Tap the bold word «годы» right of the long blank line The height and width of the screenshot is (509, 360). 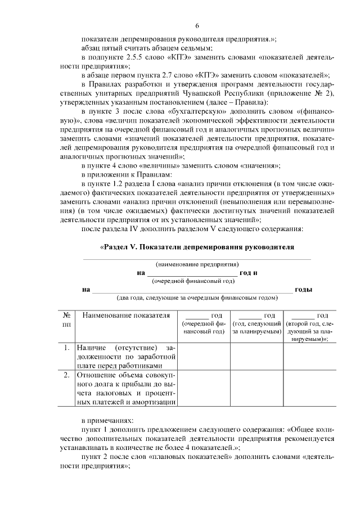click(304, 290)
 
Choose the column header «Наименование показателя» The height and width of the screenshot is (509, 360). click(126, 316)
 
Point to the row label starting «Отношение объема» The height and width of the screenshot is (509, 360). click(126, 388)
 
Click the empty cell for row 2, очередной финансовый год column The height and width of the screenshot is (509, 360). click(205, 388)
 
